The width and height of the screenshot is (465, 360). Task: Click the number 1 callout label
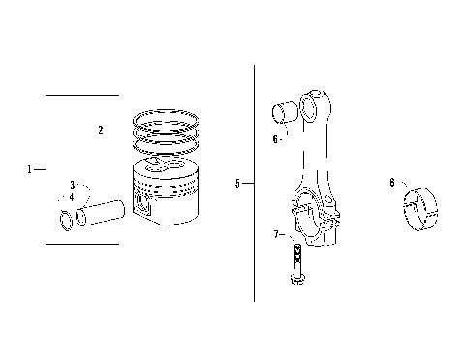click(x=30, y=168)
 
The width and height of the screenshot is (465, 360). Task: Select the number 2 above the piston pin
click(x=100, y=129)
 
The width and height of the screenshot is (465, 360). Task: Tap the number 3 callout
click(x=72, y=184)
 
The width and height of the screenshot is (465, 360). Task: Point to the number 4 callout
click(x=71, y=196)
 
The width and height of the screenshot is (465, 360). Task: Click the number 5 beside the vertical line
click(x=237, y=182)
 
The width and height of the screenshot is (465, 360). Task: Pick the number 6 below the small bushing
click(x=275, y=139)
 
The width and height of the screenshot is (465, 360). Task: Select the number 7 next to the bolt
click(x=275, y=234)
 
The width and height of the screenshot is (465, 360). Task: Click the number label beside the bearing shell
click(x=391, y=182)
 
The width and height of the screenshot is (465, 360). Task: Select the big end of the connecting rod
click(x=316, y=213)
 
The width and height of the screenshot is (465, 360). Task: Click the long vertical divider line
click(x=254, y=184)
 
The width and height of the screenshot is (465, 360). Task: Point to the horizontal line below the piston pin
click(x=82, y=244)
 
